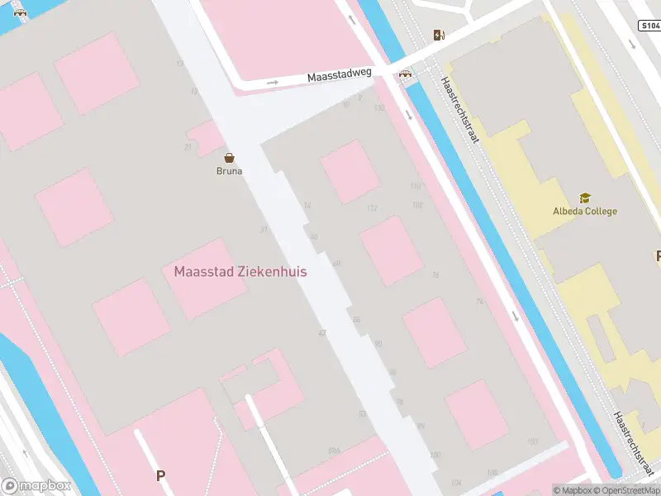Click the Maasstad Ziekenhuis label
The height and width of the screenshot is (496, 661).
click(x=240, y=271)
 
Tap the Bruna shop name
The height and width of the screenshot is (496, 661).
click(x=230, y=171)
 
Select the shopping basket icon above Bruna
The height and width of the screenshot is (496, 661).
click(x=230, y=157)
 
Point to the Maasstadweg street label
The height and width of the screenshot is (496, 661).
click(x=340, y=75)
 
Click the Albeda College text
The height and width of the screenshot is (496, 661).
click(x=585, y=211)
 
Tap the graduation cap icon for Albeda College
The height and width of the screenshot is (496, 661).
click(x=585, y=198)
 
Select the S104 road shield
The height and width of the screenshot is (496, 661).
click(x=649, y=26)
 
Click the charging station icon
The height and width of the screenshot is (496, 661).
click(x=439, y=35)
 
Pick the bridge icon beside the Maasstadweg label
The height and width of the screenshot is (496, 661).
click(x=406, y=74)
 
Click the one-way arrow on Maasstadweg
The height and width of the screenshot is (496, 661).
click(x=273, y=83)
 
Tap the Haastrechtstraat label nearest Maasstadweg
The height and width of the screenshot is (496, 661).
click(x=461, y=110)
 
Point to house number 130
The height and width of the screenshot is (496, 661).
click(x=379, y=107)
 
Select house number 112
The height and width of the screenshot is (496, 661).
click(x=372, y=207)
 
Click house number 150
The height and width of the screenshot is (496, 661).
click(x=532, y=442)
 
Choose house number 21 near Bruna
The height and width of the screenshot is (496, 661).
click(x=188, y=146)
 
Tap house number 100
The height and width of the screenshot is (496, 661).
click(x=435, y=455)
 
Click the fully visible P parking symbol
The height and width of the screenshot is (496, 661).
click(x=161, y=475)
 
